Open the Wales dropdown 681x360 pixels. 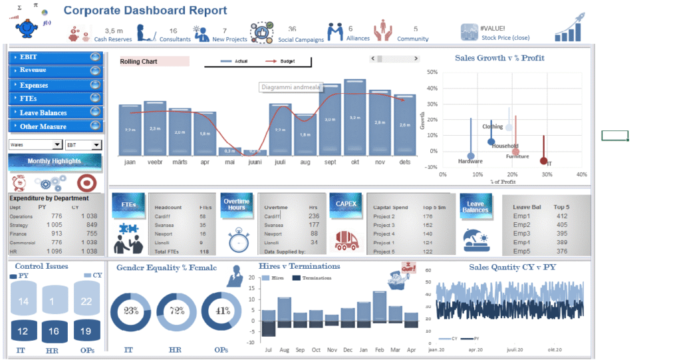pyautogui.click(x=35, y=144)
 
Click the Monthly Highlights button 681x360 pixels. pyautogui.click(x=55, y=161)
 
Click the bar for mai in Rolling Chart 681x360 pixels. pyautogui.click(x=230, y=151)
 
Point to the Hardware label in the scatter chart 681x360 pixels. pyautogui.click(x=470, y=161)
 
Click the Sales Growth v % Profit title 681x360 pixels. pyautogui.click(x=499, y=58)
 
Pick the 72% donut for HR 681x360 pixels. pyautogui.click(x=176, y=311)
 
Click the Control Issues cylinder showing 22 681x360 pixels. pyautogui.click(x=86, y=301)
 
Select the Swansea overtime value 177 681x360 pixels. pyautogui.click(x=314, y=225)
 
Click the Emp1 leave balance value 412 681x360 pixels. pyautogui.click(x=562, y=216)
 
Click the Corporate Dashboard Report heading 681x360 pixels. pyautogui.click(x=145, y=11)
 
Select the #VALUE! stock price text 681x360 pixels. pyautogui.click(x=492, y=28)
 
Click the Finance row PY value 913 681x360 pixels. pyautogui.click(x=56, y=234)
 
